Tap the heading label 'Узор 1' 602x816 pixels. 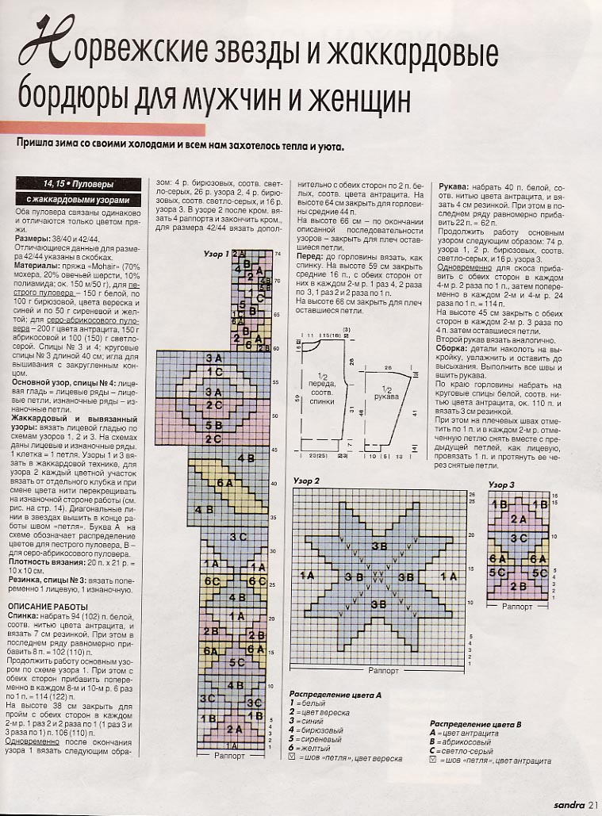coord(217,253)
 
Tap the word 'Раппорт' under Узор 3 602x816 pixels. coord(520,607)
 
